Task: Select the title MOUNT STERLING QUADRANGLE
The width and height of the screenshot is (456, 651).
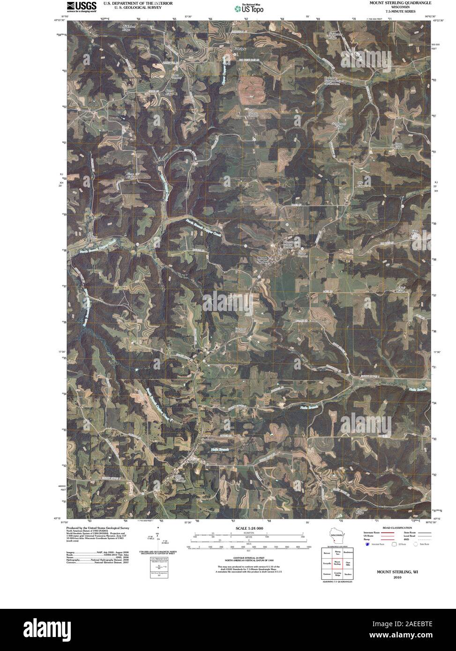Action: click(399, 3)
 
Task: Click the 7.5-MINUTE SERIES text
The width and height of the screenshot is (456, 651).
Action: click(399, 11)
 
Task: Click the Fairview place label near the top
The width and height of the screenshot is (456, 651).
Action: click(240, 49)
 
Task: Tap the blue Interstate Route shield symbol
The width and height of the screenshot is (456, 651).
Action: click(366, 544)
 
